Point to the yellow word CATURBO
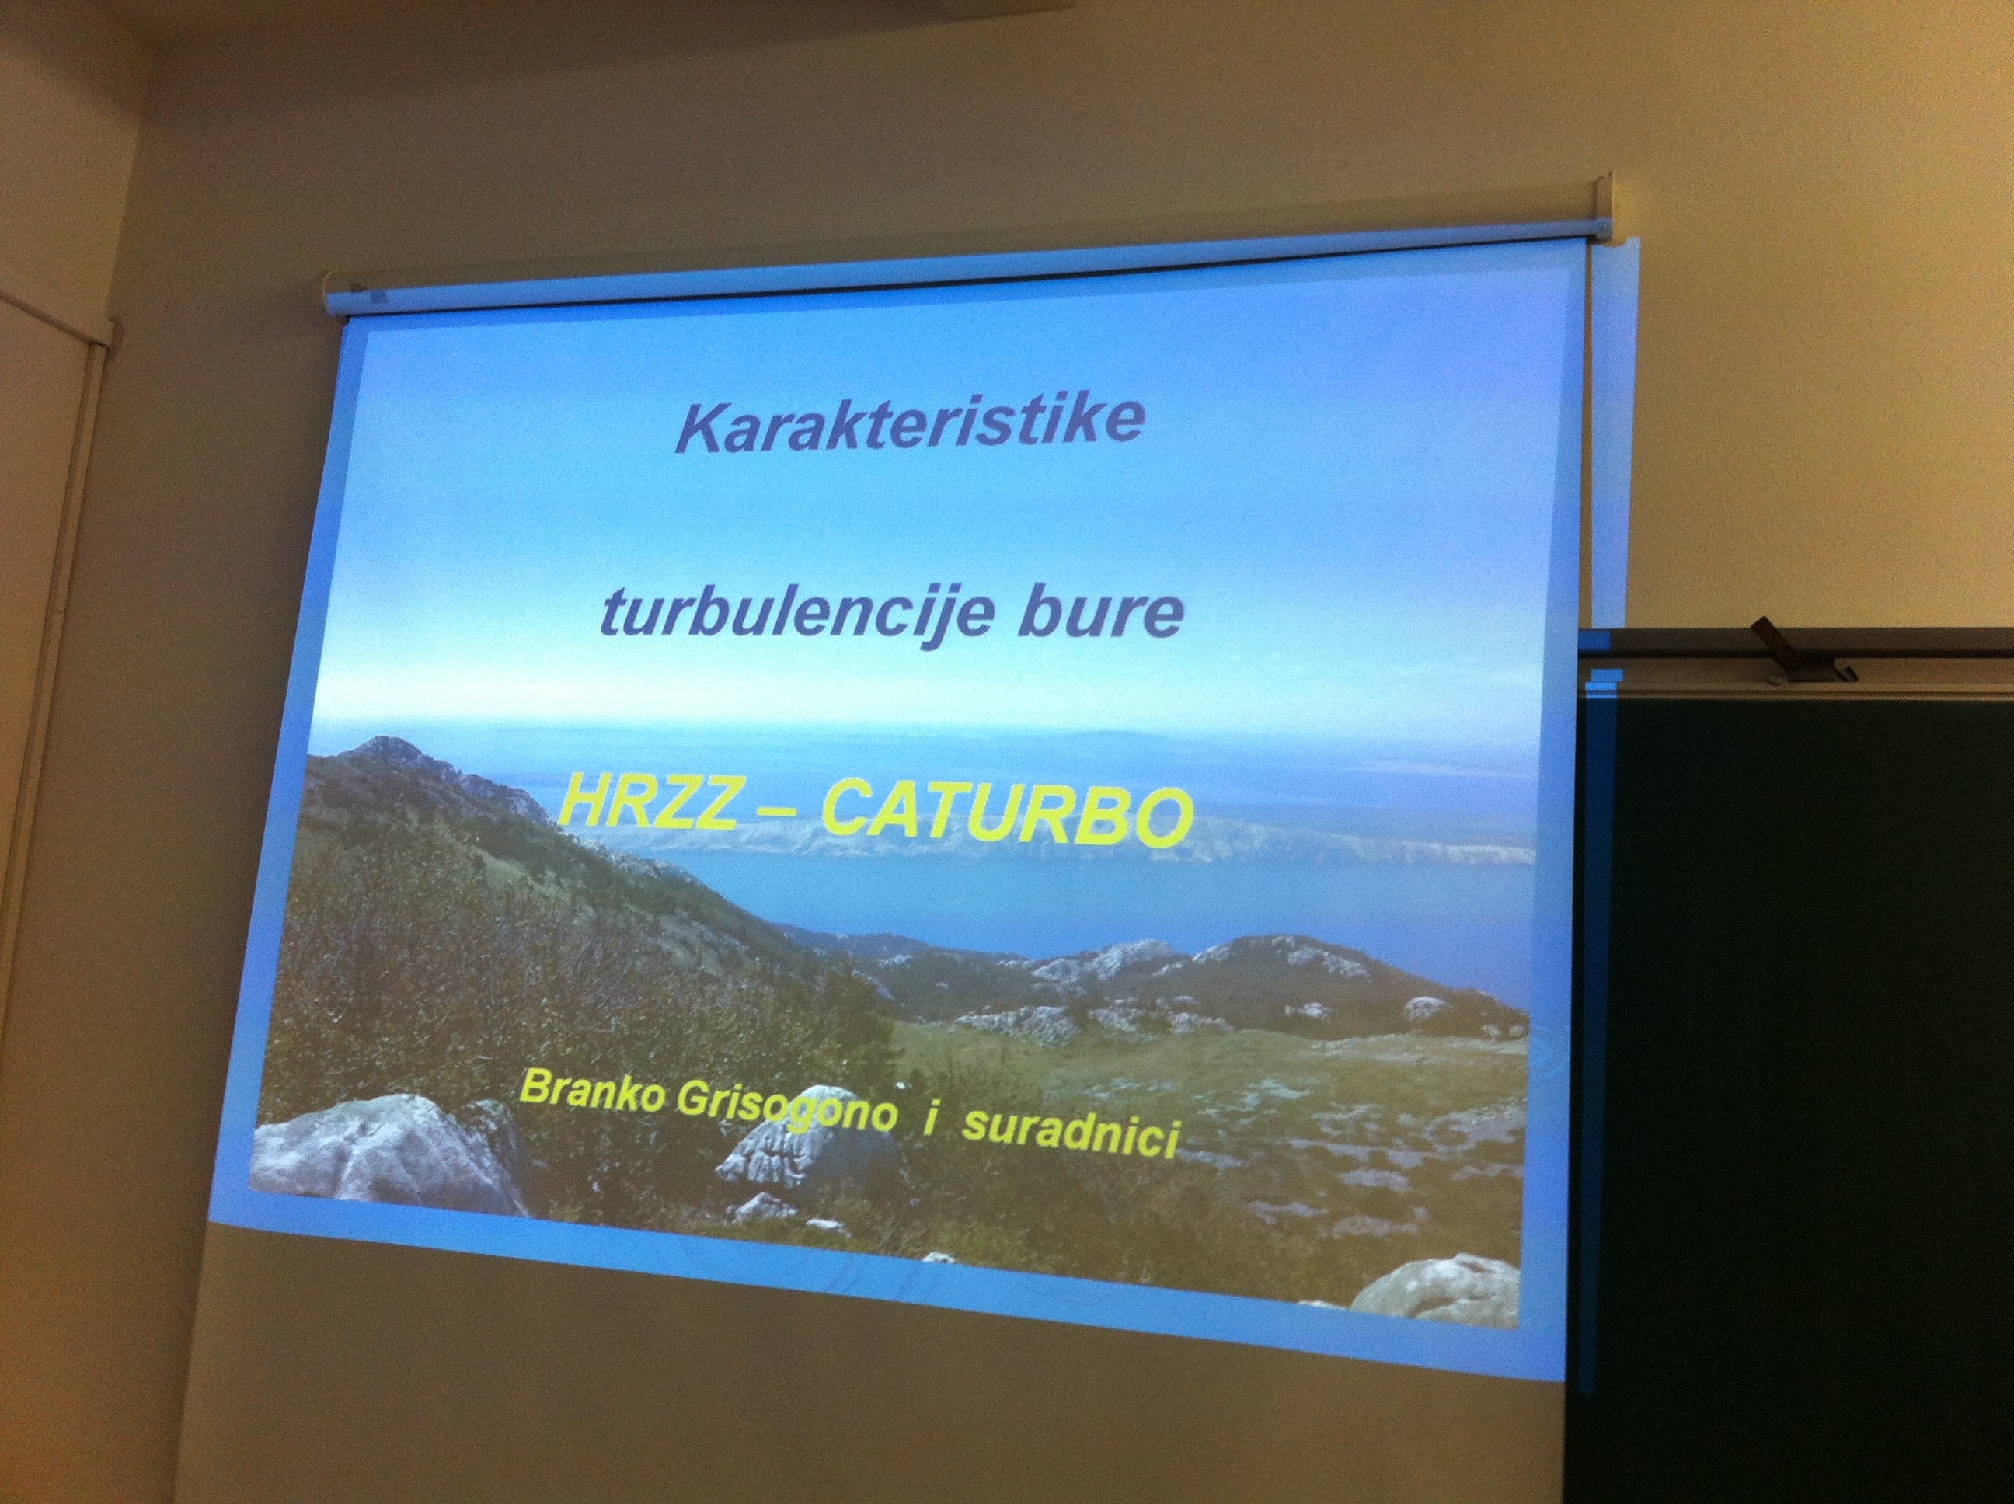(1006, 814)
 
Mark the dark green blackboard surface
(1812, 1074)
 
